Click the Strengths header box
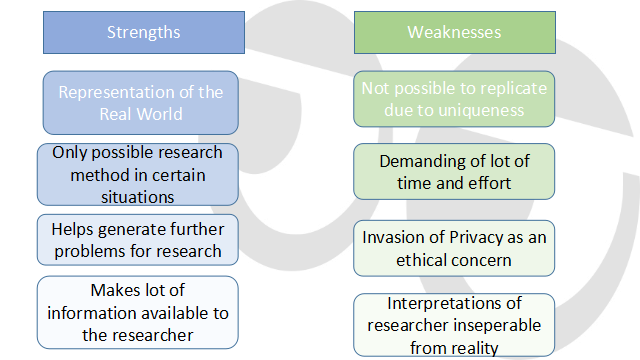tap(143, 32)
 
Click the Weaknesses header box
tap(453, 32)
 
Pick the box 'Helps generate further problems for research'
tap(138, 239)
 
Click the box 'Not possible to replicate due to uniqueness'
tap(453, 99)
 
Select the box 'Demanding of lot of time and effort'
tap(453, 171)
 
